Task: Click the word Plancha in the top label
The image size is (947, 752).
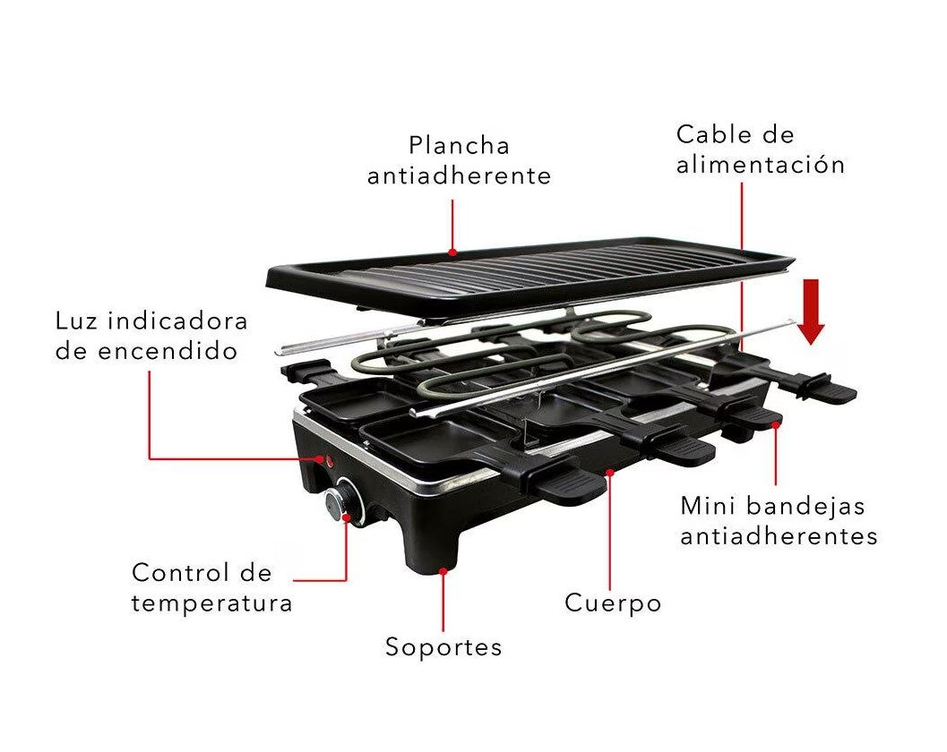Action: tap(459, 146)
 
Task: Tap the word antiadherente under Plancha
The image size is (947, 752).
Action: tap(459, 176)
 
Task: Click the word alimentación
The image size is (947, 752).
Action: tap(761, 166)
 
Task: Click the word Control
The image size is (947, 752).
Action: tap(176, 572)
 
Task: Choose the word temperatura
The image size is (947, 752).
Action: tap(211, 603)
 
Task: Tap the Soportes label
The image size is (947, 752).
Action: tap(443, 647)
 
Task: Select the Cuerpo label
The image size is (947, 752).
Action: tap(613, 603)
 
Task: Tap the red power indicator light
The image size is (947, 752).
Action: tap(327, 462)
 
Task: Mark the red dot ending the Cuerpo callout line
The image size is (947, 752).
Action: tap(610, 470)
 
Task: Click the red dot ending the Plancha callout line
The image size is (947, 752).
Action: tap(452, 252)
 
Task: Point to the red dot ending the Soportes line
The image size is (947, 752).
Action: tap(443, 568)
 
